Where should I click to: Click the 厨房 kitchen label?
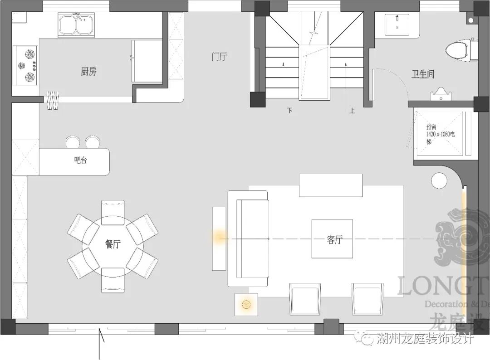point(88,71)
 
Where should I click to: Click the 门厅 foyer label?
point(220,57)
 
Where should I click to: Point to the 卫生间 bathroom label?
point(423,74)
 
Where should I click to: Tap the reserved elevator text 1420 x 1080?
point(441,135)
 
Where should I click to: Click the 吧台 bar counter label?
point(80,160)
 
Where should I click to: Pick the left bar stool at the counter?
point(73,142)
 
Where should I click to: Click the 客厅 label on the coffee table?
point(334,240)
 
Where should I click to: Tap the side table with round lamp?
point(246,304)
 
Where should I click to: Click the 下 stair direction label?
point(289,110)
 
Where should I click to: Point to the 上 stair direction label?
point(352,110)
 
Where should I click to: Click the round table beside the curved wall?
point(439,181)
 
